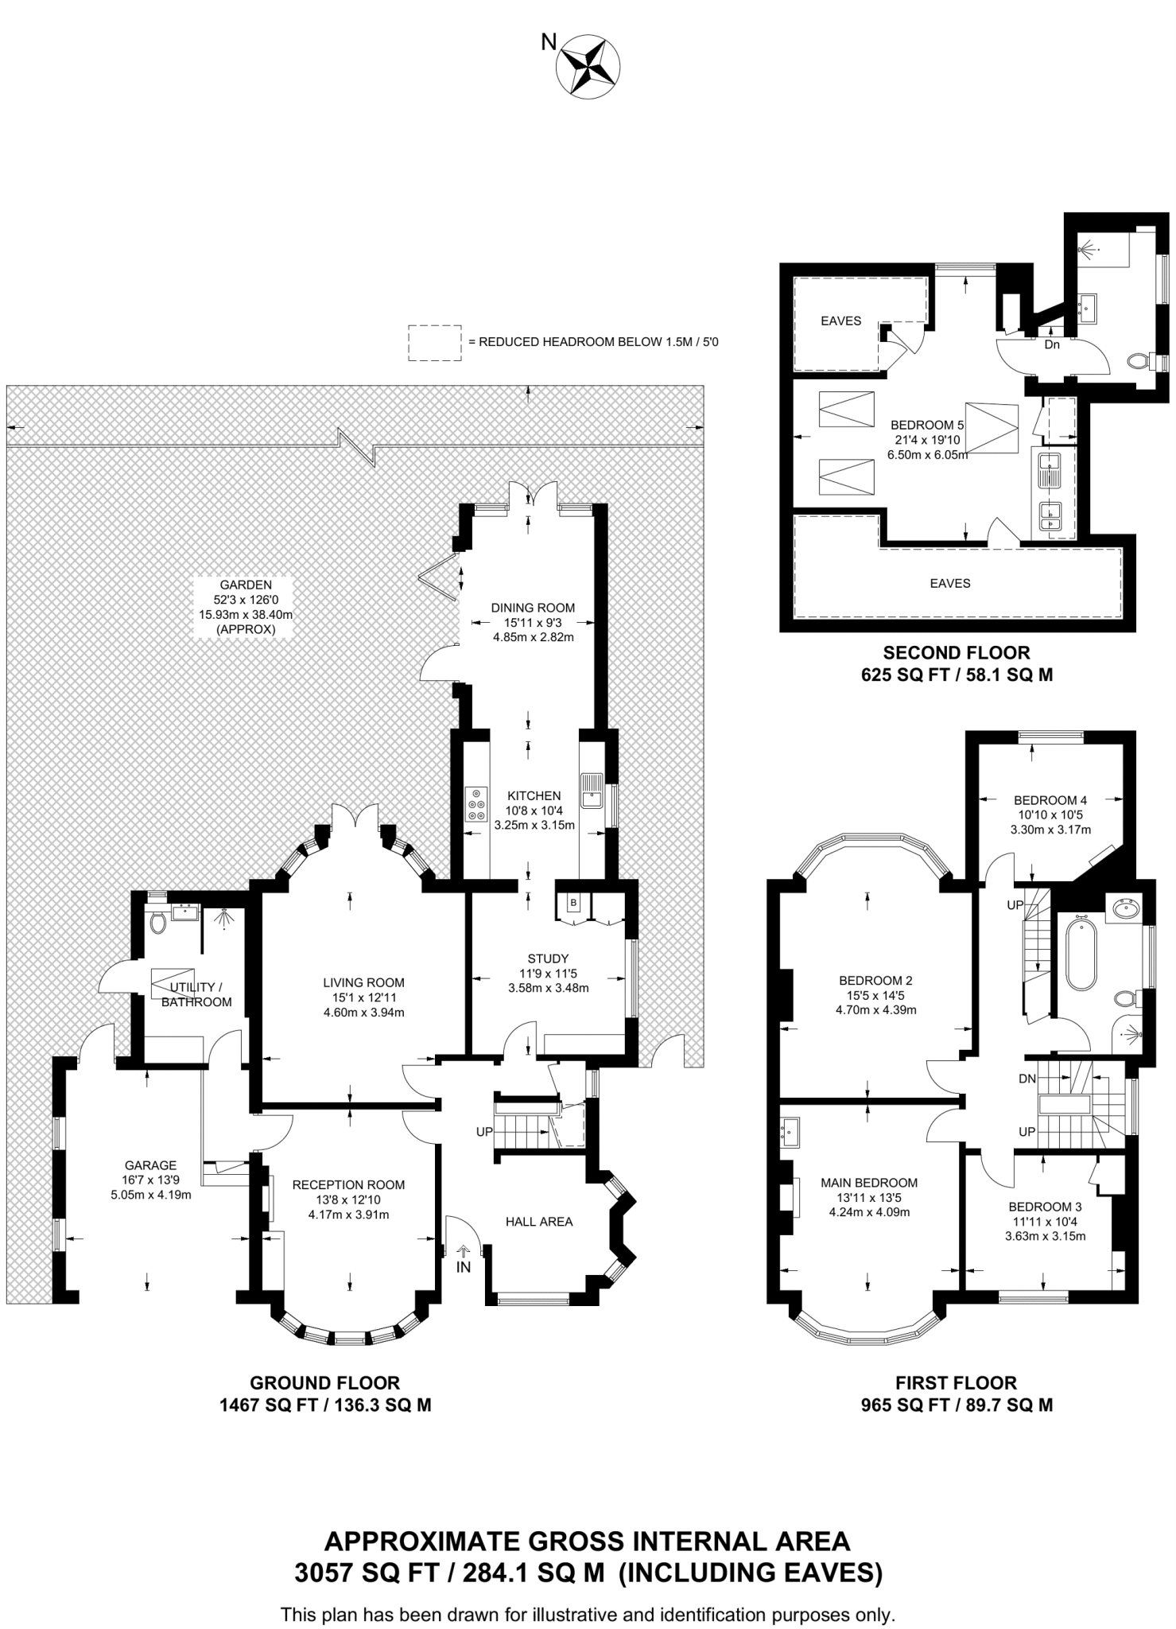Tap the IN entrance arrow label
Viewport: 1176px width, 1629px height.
tap(464, 1267)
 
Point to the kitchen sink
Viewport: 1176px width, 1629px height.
tap(591, 791)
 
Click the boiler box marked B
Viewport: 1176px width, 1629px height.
tap(572, 902)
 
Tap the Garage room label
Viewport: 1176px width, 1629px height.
tap(150, 1165)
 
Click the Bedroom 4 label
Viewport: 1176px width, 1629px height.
tap(1050, 800)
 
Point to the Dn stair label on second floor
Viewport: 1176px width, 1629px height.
tap(1051, 344)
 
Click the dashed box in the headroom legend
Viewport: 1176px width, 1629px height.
tap(434, 343)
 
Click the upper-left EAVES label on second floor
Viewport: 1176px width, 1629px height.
tap(840, 321)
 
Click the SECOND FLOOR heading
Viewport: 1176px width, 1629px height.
tap(956, 652)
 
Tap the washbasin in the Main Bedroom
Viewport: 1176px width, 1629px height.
tap(790, 1131)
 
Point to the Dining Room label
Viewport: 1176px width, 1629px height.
tap(533, 608)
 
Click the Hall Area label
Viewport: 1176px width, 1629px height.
tap(538, 1221)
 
